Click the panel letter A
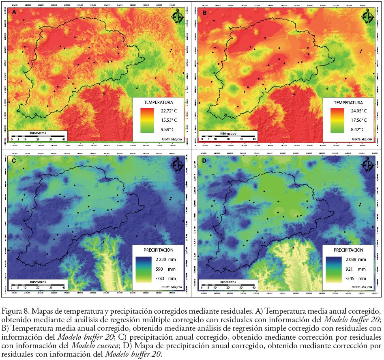[x=15, y=13]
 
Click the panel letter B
[x=204, y=13]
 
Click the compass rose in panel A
[x=178, y=17]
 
